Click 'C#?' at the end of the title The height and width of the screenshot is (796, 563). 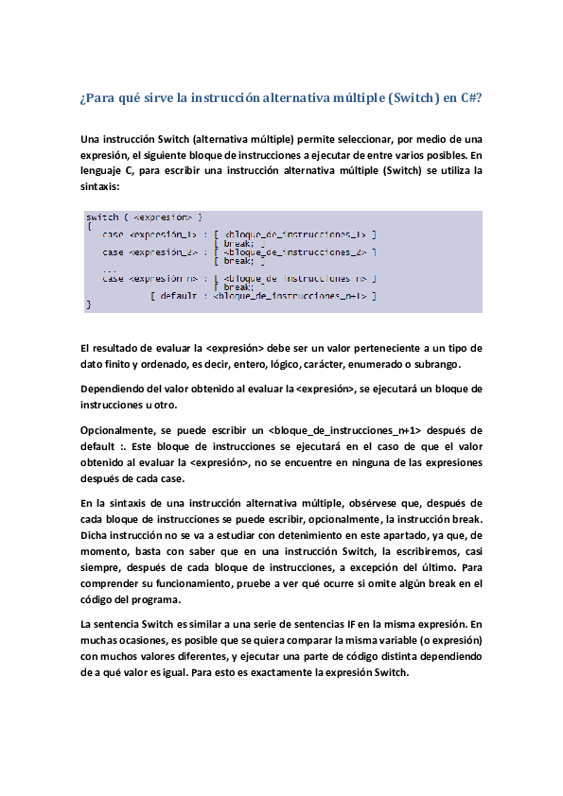click(471, 98)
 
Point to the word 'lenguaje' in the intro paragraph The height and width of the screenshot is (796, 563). click(102, 170)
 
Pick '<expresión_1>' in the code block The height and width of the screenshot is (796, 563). click(162, 234)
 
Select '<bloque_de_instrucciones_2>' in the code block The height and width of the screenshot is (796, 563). click(296, 252)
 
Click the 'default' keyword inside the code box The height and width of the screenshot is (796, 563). click(178, 296)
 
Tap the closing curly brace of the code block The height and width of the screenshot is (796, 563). click(88, 304)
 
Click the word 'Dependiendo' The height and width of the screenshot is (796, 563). click(117, 389)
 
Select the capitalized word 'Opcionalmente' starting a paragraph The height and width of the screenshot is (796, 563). click(121, 430)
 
